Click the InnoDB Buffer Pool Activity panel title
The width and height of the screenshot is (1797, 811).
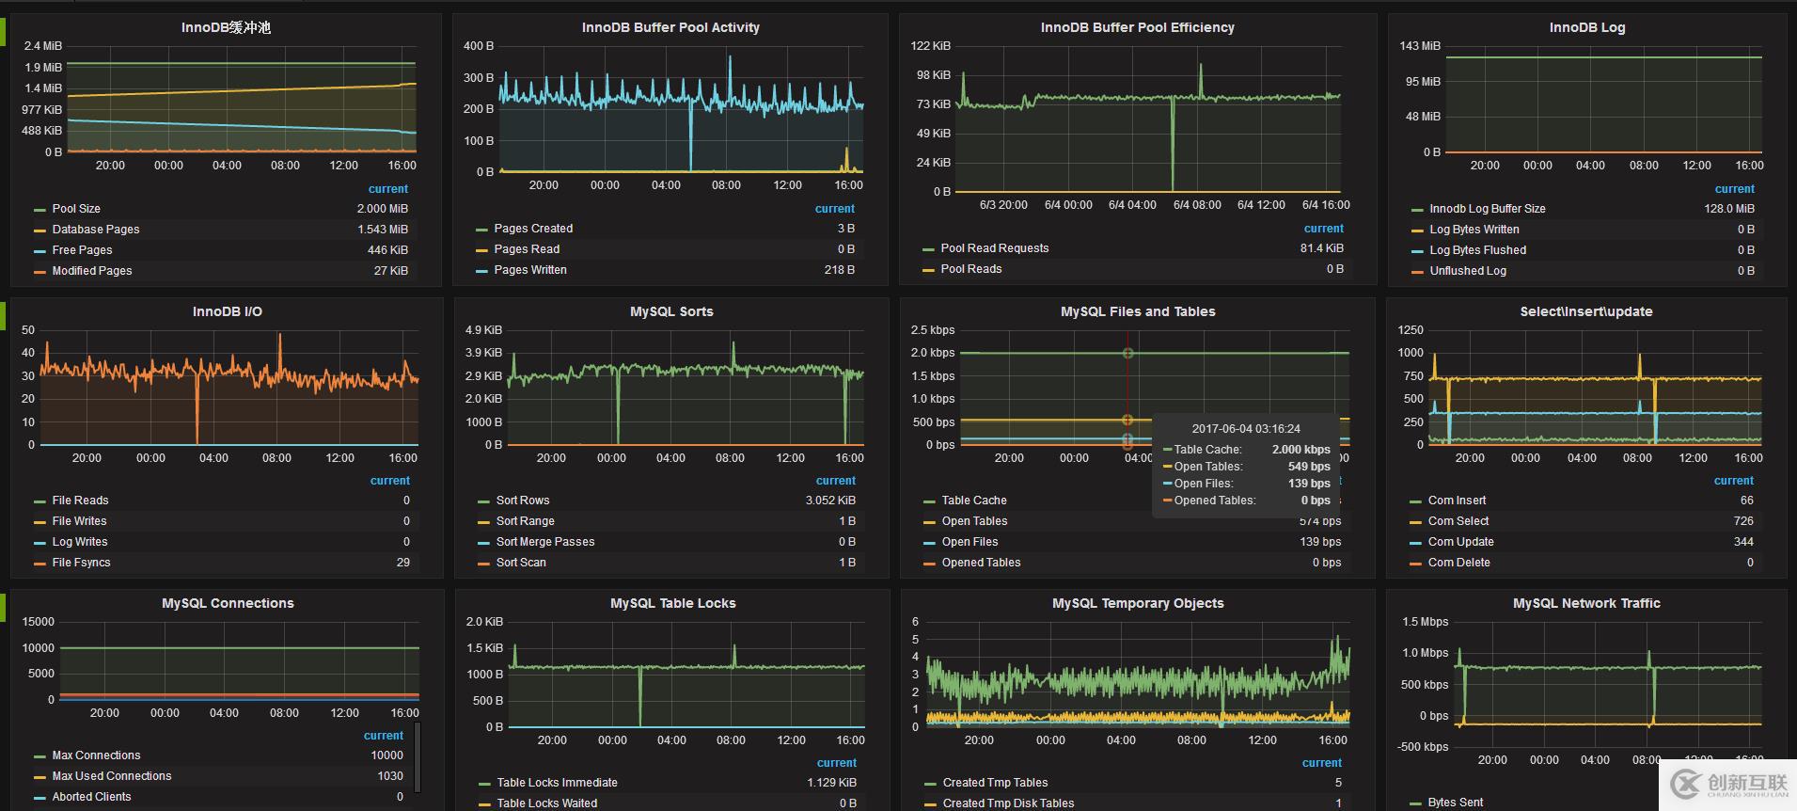point(670,27)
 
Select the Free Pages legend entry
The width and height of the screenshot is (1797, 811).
point(82,250)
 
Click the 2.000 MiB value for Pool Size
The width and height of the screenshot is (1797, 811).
point(382,209)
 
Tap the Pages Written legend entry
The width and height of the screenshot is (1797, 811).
point(530,270)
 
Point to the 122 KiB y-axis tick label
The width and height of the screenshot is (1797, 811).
point(930,46)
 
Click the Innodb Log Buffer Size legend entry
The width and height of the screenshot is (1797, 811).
point(1487,209)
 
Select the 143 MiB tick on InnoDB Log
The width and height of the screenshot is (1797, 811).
point(1419,46)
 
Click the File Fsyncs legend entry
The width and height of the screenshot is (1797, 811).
point(81,563)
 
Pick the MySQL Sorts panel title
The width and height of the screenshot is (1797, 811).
point(671,311)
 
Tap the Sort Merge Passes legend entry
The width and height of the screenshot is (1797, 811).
point(545,542)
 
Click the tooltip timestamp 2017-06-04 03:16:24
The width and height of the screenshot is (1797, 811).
point(1246,428)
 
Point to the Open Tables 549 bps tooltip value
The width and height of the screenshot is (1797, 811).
point(1309,467)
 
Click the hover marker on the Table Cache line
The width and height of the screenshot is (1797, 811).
point(1127,353)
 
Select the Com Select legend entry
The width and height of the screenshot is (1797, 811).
point(1458,521)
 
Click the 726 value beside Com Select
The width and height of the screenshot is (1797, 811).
point(1742,521)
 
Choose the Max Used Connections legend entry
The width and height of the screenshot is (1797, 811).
point(111,776)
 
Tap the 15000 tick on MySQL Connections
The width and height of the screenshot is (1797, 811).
point(39,622)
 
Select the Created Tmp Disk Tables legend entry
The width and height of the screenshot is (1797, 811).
point(1008,803)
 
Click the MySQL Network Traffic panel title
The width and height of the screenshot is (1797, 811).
point(1586,603)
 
